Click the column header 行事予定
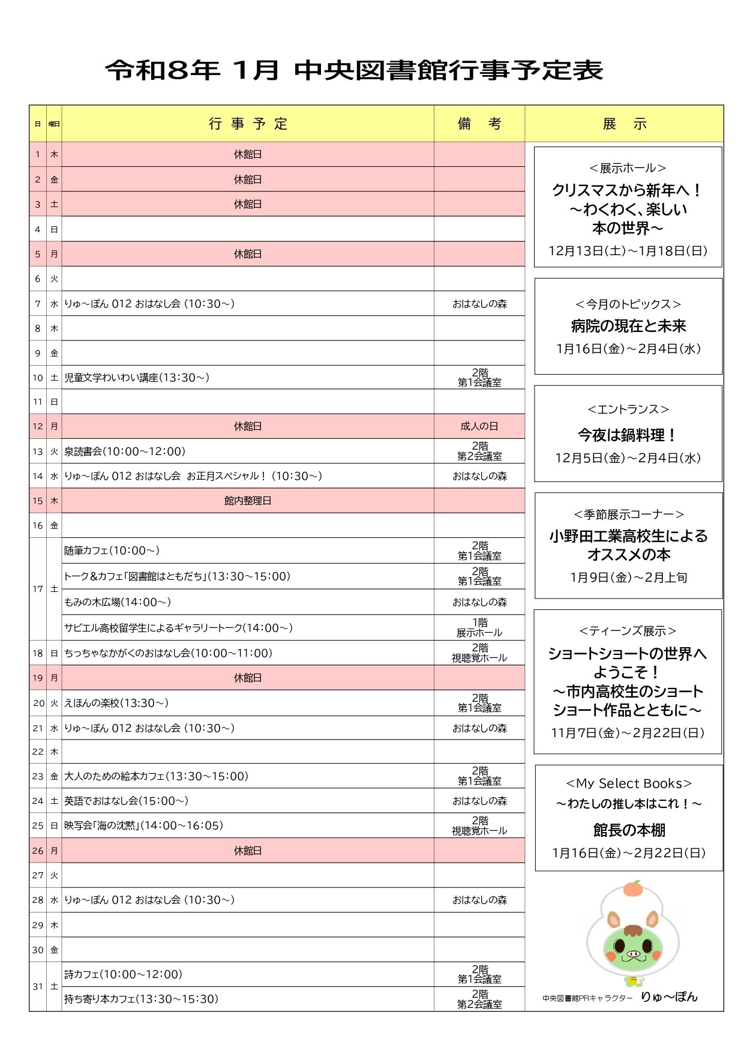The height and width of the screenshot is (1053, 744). click(248, 124)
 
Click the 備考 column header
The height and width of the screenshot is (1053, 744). click(479, 124)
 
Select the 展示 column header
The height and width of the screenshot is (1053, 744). click(624, 124)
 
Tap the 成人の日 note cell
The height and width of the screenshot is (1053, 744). click(479, 426)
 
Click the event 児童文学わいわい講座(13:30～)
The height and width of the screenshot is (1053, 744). click(137, 378)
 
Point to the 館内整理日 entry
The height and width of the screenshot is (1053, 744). click(248, 501)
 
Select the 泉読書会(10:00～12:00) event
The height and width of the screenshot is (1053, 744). click(125, 451)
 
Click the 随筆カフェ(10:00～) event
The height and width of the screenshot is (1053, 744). click(112, 551)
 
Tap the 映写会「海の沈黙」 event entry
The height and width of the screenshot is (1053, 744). click(143, 825)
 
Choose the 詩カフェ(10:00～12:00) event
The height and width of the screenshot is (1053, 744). click(123, 974)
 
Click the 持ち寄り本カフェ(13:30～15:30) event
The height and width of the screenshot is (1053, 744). click(141, 999)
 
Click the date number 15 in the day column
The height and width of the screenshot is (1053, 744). click(38, 501)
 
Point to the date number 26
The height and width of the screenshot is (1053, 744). click(38, 851)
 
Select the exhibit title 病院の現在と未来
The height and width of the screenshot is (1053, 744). click(628, 326)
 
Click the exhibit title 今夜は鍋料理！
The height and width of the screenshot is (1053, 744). click(628, 435)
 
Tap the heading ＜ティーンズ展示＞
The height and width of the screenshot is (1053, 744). click(628, 631)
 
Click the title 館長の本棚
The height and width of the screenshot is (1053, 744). click(629, 830)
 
